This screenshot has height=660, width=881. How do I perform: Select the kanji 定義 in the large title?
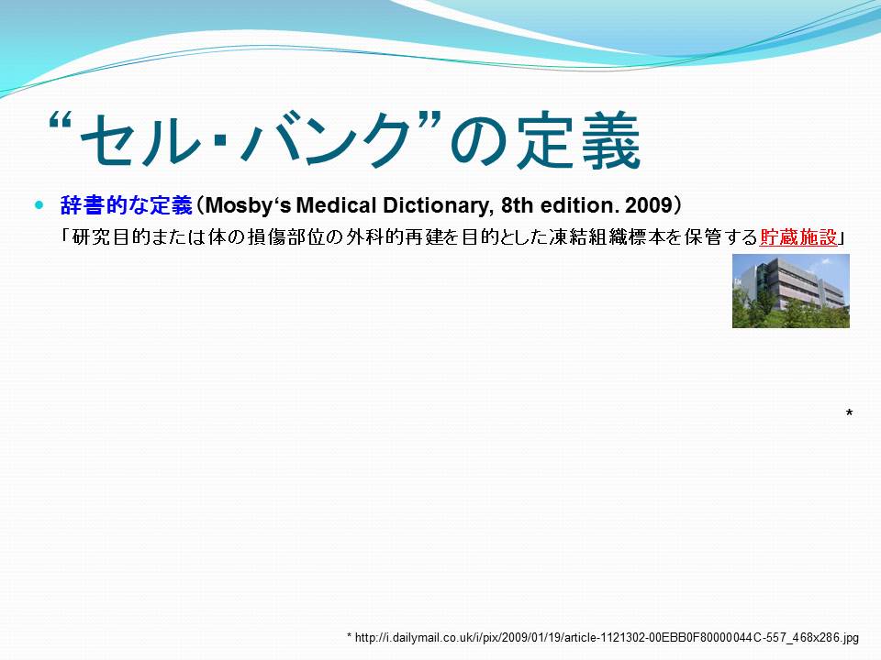tap(579, 140)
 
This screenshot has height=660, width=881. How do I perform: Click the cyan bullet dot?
tap(39, 205)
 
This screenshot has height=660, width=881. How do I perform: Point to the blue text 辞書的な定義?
tap(127, 205)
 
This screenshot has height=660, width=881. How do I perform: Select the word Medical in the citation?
tap(336, 205)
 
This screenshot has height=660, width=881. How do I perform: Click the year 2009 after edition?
tap(649, 205)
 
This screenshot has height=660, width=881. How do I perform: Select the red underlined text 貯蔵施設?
tap(798, 238)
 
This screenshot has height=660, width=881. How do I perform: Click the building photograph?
tap(790, 291)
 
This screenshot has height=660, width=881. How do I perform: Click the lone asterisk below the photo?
tap(849, 413)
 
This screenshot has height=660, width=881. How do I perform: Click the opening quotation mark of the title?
tap(61, 122)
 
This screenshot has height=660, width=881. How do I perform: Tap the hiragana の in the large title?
tap(479, 143)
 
